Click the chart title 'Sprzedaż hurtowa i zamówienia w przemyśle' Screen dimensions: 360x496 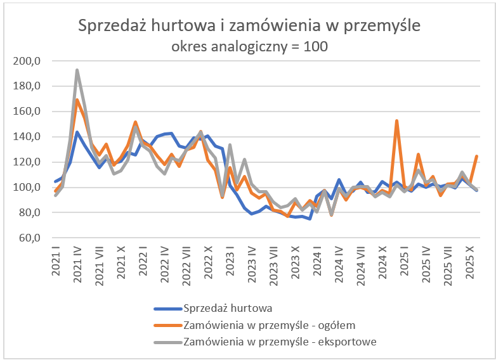click(x=249, y=26)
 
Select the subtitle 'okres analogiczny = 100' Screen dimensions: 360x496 click(x=249, y=46)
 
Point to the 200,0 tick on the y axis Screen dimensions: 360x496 click(x=27, y=61)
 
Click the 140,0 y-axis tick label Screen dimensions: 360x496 click(x=27, y=137)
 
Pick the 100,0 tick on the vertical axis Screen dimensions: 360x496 click(x=27, y=188)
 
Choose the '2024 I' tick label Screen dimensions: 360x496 click(x=317, y=261)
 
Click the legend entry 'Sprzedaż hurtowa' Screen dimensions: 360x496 click(x=227, y=309)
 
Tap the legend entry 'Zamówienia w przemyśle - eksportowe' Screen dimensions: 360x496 click(x=280, y=342)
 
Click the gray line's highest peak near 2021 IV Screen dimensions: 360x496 click(x=77, y=70)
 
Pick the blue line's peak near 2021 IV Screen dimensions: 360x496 click(x=77, y=132)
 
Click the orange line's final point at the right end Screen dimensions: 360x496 click(x=476, y=156)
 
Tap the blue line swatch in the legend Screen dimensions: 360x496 click(x=167, y=309)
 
